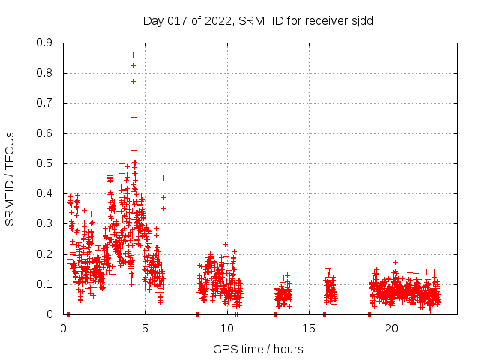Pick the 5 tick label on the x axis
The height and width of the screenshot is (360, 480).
click(145, 328)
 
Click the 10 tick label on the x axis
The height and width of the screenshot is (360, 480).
click(227, 328)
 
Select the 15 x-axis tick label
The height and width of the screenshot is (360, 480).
click(309, 328)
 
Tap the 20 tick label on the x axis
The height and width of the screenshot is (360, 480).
click(391, 328)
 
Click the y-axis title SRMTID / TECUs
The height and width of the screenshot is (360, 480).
click(10, 178)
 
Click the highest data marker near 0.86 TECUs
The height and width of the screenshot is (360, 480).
click(133, 55)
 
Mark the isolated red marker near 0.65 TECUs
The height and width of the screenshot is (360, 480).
click(133, 117)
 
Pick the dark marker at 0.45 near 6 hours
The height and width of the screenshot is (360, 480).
click(163, 178)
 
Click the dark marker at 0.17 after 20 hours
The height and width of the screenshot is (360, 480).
click(395, 262)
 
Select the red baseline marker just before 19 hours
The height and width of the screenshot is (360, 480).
click(370, 314)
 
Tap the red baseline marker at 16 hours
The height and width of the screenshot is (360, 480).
click(325, 314)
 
